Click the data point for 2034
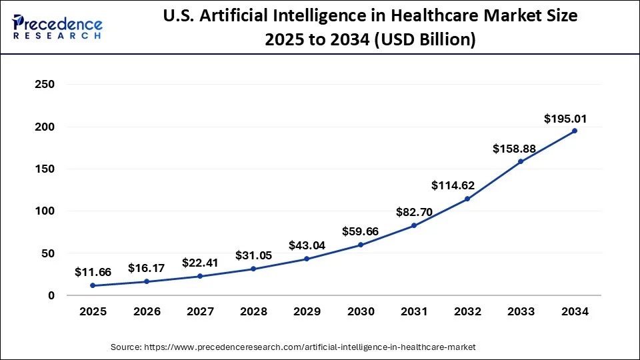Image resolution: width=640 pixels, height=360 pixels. [x=575, y=131]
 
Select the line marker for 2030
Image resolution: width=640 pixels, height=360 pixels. [x=361, y=245]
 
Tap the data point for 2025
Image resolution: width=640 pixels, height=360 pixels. [x=93, y=285]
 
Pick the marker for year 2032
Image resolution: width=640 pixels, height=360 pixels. [x=467, y=199]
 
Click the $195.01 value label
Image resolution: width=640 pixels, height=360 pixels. [x=565, y=119]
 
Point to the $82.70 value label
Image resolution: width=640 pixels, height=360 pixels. [x=413, y=213]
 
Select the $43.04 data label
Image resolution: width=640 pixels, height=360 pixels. [x=307, y=245]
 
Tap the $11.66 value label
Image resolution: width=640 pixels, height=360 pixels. [x=93, y=271]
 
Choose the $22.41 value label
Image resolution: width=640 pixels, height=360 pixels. [x=200, y=262]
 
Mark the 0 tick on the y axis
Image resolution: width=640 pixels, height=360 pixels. [x=51, y=295]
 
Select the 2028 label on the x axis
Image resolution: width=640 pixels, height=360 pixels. [x=253, y=311]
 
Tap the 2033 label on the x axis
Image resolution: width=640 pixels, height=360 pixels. [x=521, y=311]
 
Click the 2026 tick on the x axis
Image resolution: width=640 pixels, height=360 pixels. [x=147, y=311]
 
